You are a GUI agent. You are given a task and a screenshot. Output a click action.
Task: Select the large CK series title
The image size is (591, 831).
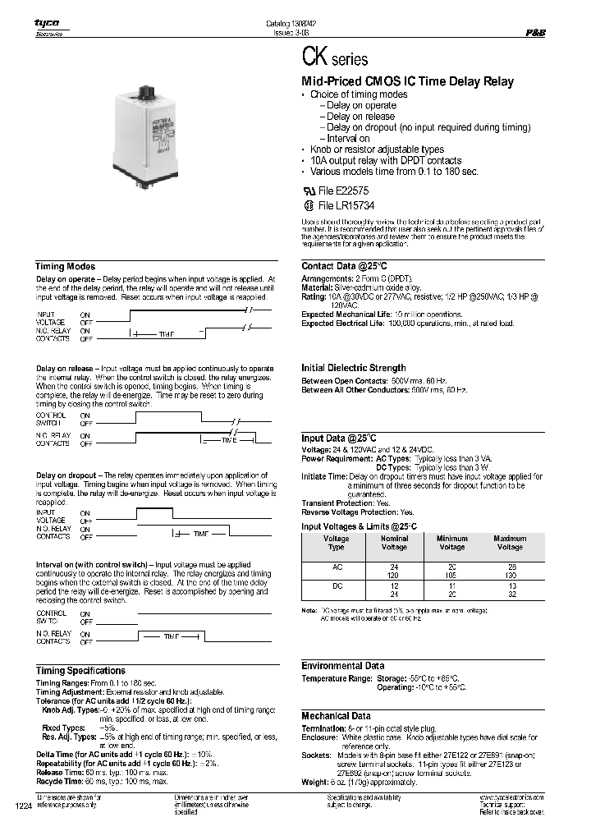click(x=336, y=60)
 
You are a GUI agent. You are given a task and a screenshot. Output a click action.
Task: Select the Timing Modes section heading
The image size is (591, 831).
click(x=65, y=267)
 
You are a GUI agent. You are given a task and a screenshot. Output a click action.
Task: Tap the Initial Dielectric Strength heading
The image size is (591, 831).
click(x=354, y=368)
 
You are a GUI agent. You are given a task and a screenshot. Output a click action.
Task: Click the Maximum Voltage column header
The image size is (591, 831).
click(x=510, y=543)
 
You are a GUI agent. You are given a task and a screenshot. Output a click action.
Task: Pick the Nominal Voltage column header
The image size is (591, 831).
click(x=394, y=543)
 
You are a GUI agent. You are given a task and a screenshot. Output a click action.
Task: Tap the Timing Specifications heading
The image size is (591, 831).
click(x=80, y=671)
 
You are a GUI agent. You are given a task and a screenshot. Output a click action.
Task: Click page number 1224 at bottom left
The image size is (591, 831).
click(x=23, y=807)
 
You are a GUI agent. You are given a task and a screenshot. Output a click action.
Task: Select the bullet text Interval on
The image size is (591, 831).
click(x=348, y=139)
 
